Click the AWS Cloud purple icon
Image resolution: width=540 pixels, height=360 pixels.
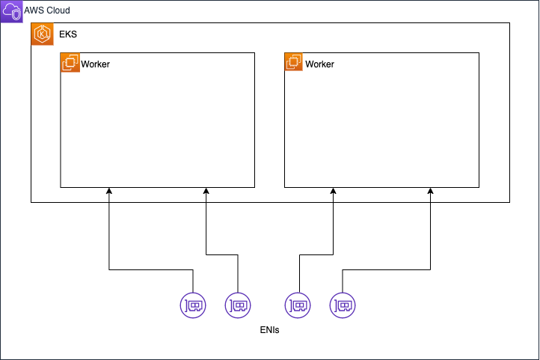[x=12, y=12]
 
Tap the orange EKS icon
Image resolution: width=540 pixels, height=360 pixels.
[x=42, y=34]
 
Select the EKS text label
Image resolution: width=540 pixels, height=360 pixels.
[x=67, y=34]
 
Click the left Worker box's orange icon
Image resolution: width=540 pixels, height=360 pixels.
[x=70, y=63]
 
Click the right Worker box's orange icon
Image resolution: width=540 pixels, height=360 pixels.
[x=294, y=63]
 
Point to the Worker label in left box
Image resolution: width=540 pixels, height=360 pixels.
[x=95, y=64]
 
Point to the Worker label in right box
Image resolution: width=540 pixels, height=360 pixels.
[x=319, y=64]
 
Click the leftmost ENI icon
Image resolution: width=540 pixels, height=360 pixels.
[x=193, y=305]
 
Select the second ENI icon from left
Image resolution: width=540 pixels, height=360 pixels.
[x=238, y=305]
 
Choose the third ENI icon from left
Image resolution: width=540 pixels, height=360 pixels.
[x=298, y=305]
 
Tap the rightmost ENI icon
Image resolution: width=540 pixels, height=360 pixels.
[x=343, y=305]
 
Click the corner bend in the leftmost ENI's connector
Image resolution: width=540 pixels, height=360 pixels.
[x=109, y=269]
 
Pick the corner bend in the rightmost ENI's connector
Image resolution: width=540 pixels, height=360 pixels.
[x=431, y=269]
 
